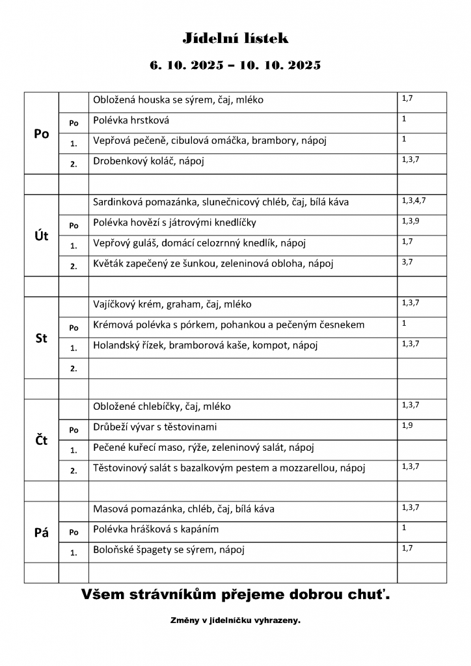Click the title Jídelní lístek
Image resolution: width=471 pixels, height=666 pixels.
click(x=235, y=39)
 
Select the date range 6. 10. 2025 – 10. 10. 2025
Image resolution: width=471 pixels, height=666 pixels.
click(x=235, y=66)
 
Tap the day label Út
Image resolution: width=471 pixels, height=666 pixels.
click(x=41, y=235)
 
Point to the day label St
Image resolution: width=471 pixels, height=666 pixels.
click(x=41, y=338)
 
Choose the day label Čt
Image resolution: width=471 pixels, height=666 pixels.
click(x=41, y=440)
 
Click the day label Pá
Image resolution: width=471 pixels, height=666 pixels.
click(x=41, y=533)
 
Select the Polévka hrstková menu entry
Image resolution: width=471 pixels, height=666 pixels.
click(x=132, y=120)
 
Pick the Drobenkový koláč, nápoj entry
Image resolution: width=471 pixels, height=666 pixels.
click(x=149, y=161)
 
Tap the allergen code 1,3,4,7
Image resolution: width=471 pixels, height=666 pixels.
click(x=414, y=200)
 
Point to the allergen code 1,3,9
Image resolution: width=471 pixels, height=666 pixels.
click(x=411, y=220)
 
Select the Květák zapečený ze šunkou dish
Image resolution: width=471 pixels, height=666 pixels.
click(x=209, y=264)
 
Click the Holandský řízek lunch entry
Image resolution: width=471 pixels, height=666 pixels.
click(x=206, y=345)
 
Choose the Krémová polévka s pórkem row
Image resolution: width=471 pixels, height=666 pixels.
click(x=228, y=325)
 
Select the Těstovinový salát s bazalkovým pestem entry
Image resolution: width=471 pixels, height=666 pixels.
click(x=230, y=468)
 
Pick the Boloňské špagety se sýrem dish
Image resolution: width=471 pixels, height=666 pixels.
click(x=168, y=550)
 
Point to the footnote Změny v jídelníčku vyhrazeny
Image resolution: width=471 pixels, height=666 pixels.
click(x=235, y=620)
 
